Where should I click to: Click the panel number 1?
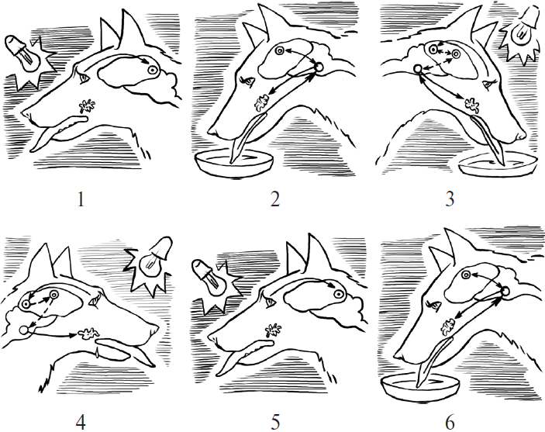pos(81,200)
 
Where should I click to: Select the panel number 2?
pos(275,200)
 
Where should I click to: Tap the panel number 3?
pos(450,200)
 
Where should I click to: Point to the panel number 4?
pos(81,423)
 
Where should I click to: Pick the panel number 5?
pos(275,423)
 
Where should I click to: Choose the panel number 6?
pos(450,423)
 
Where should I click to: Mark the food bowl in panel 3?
pos(498,164)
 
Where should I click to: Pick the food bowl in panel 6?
pos(420,385)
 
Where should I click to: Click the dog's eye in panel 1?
pos(84,79)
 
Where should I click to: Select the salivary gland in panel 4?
pos(88,334)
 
